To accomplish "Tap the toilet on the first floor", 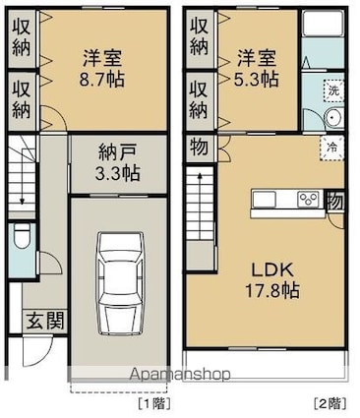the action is (x=22, y=235).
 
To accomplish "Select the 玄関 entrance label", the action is (x=44, y=321).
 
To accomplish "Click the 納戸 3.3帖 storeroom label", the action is (x=117, y=163).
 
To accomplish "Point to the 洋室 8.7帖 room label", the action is (x=102, y=68).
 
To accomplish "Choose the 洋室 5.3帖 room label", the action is (x=257, y=68).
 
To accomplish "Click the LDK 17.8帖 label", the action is (x=272, y=280).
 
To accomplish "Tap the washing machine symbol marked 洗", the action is (x=333, y=90).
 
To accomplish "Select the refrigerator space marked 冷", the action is (x=331, y=149).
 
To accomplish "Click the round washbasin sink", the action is (x=333, y=118).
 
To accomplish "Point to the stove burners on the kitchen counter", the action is (x=308, y=200).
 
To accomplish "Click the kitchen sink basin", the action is (x=264, y=199).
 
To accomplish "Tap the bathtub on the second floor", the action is (x=323, y=23).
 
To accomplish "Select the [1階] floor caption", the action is (x=154, y=403).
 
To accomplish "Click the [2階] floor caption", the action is (x=330, y=403).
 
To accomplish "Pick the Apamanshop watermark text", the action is (x=180, y=374).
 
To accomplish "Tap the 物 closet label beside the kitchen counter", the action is (x=334, y=202).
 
